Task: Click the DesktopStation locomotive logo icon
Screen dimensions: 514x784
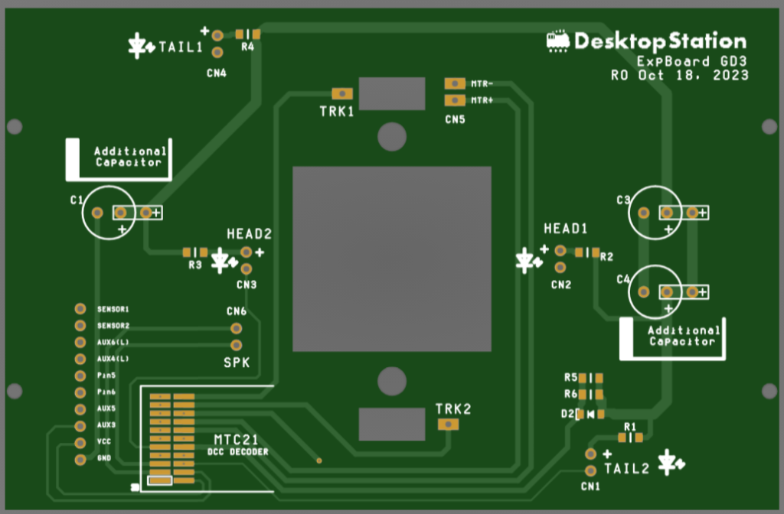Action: pos(558,41)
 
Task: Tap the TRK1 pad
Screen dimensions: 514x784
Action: pos(344,93)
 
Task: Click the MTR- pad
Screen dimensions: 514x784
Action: pos(455,83)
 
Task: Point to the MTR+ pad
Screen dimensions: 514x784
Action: pos(455,99)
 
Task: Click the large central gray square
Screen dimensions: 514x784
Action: pos(391,259)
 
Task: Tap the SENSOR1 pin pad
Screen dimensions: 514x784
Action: pos(80,309)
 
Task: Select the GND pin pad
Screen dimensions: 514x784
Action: pos(80,460)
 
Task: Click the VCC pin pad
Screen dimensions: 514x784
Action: pos(80,443)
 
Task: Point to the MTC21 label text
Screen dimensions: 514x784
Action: pos(236,440)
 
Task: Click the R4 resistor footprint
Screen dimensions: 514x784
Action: pos(248,34)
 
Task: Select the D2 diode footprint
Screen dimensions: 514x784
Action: pos(590,415)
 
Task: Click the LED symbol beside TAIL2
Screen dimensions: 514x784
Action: pos(672,460)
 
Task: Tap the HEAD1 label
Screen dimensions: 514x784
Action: pos(565,229)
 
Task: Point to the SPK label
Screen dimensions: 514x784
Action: pos(237,363)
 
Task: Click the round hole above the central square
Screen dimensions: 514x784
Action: pos(391,137)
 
